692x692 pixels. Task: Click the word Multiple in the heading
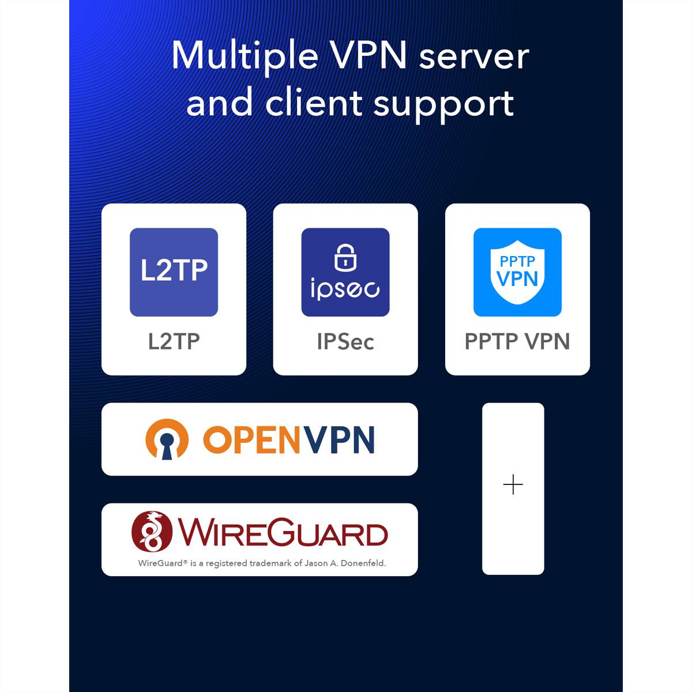(x=245, y=57)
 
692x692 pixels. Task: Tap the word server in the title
(x=473, y=57)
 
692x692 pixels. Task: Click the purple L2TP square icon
(x=174, y=272)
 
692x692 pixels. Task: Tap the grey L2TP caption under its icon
(x=174, y=341)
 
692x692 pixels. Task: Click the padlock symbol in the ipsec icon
(x=345, y=257)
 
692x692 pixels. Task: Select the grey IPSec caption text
(x=345, y=341)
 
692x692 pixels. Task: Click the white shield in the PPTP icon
(x=517, y=271)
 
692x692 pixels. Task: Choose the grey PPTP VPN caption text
(x=517, y=341)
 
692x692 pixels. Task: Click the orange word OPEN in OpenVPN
(x=252, y=440)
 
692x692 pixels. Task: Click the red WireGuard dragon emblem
(x=152, y=531)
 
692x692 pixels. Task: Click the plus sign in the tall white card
(x=513, y=485)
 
